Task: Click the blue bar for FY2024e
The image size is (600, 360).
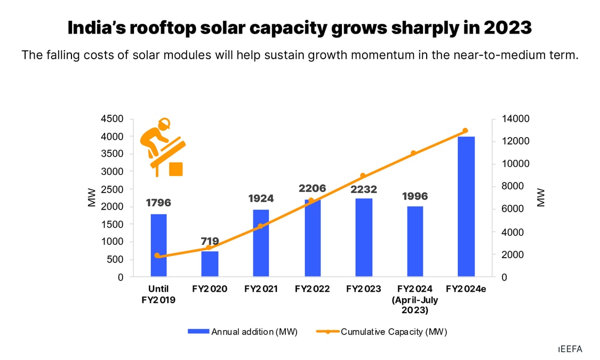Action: tap(466, 206)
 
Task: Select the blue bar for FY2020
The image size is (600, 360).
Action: tap(210, 263)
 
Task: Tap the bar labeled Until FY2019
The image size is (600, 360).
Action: tap(158, 245)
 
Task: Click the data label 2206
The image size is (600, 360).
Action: tap(312, 188)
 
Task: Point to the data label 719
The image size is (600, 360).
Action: tap(210, 242)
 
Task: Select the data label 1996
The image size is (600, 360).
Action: tap(414, 196)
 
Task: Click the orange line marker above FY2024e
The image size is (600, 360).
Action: tap(465, 131)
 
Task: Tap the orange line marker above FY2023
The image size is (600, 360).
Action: tap(363, 175)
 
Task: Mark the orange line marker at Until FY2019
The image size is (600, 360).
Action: tap(157, 255)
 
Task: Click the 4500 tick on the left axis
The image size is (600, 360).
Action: tap(112, 118)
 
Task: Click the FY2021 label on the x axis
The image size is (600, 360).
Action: tap(261, 289)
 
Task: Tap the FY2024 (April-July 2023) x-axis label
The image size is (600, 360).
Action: tap(414, 300)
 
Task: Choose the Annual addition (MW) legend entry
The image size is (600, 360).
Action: tap(243, 332)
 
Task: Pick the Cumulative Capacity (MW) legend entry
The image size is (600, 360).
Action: tap(382, 332)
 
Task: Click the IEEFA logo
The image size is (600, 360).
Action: tap(570, 349)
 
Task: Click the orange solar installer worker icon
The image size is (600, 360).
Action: tap(162, 146)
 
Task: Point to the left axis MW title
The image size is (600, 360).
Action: tap(92, 197)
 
